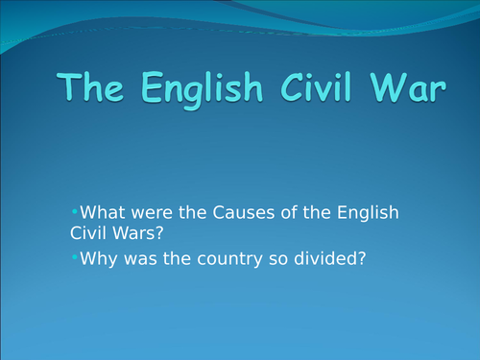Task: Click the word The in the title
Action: (95, 89)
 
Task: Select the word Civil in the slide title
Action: (318, 89)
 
